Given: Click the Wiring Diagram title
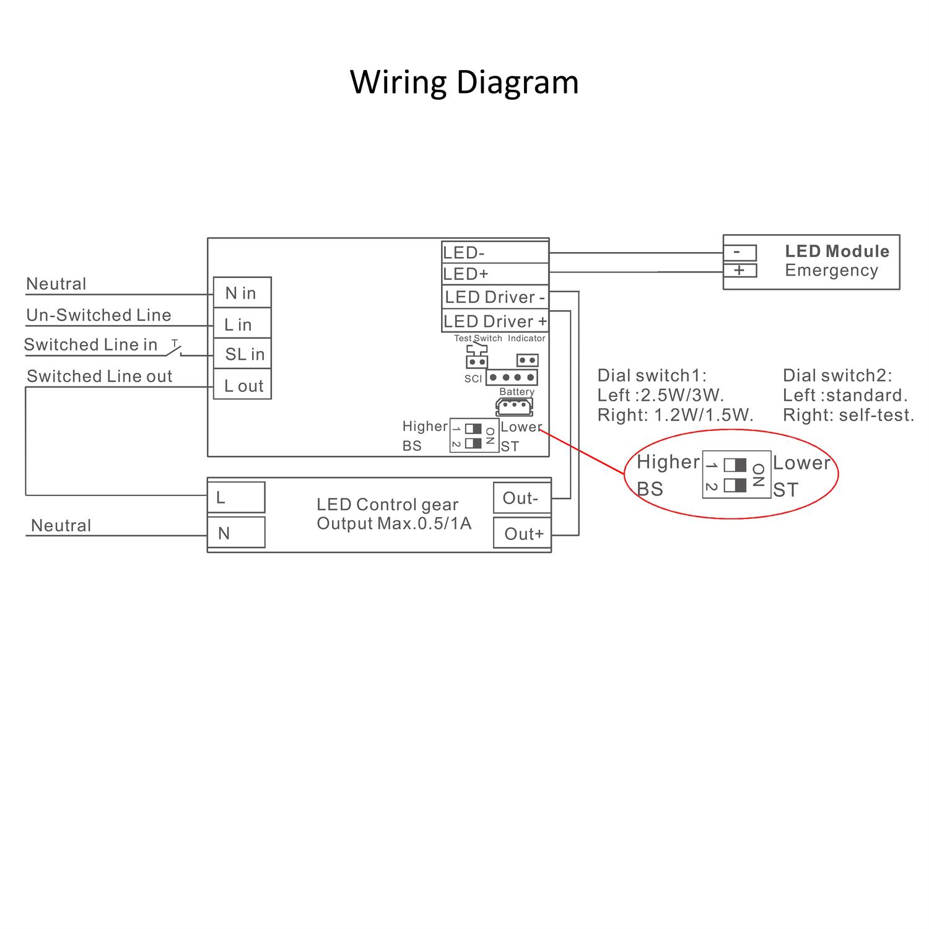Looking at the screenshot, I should tap(464, 82).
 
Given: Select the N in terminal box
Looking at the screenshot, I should tap(242, 292).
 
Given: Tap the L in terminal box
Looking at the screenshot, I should tap(242, 323).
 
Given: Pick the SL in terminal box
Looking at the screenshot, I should tap(242, 354).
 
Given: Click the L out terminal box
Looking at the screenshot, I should tap(242, 385).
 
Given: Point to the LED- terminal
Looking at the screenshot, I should tap(495, 252).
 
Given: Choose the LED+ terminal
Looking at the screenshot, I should tap(495, 274).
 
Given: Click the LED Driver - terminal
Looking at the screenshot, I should tap(495, 297).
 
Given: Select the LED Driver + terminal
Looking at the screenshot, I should tap(495, 321).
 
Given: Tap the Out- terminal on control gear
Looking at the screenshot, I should tap(521, 498).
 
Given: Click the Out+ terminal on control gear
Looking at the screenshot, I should tap(521, 533).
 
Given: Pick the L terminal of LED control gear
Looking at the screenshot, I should tap(236, 497).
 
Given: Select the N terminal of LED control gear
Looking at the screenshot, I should tap(236, 533).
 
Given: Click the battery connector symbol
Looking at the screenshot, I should tap(514, 406).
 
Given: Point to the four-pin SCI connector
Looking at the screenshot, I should tap(512, 377).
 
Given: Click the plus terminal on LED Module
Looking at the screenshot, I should tap(740, 271).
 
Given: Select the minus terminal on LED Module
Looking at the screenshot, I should tap(740, 253).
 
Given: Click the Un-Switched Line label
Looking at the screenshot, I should tap(98, 315).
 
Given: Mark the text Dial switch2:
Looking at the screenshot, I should tap(837, 375).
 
